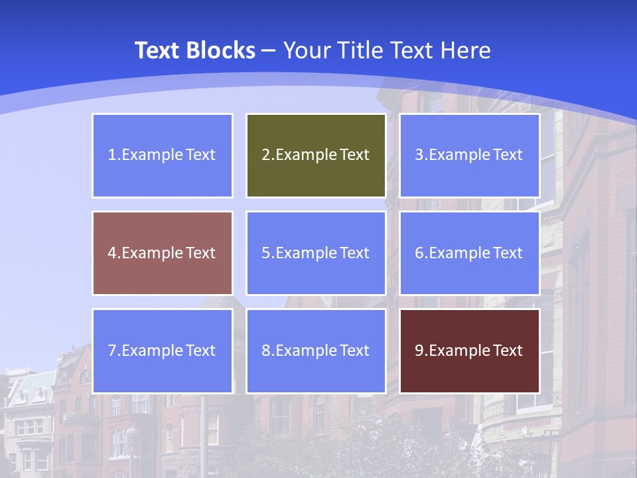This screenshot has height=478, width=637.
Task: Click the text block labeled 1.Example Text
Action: (163, 155)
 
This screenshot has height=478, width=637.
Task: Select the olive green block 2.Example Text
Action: (316, 155)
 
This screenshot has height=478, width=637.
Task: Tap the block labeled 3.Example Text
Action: (469, 155)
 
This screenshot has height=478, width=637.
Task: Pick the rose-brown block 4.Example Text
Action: (163, 253)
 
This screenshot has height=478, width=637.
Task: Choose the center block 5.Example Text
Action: (316, 253)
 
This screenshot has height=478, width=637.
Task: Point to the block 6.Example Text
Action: (469, 253)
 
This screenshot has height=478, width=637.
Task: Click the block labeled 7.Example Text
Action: (163, 351)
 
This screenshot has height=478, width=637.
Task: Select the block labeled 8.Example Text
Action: (316, 351)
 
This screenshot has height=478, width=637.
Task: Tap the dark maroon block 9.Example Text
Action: (469, 351)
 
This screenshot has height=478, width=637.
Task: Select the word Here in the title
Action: (465, 50)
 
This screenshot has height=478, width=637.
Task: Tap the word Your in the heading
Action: (307, 50)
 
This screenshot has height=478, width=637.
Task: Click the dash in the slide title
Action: (269, 51)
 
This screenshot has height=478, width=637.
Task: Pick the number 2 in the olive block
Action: (265, 155)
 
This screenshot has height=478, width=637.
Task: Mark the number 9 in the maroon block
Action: (419, 351)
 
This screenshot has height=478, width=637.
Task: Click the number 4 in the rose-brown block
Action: (112, 253)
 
